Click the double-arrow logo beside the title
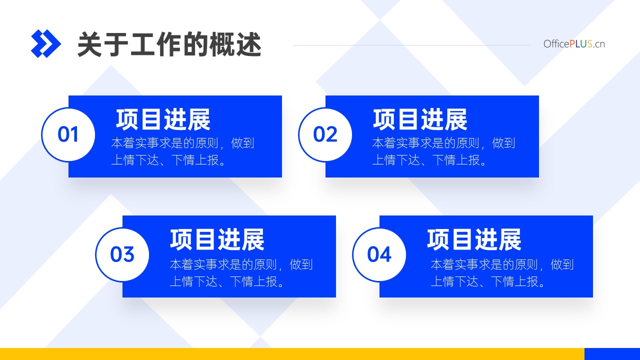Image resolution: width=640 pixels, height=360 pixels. point(45,43)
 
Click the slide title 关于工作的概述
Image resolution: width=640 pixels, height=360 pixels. point(169,44)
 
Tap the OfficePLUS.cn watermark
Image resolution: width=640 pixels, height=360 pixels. point(574,44)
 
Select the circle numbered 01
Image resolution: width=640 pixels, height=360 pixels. point(68,134)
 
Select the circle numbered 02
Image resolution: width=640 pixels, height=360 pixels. point(325,134)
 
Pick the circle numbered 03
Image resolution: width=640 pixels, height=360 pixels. point(122,254)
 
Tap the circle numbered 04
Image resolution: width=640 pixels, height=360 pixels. point(379,254)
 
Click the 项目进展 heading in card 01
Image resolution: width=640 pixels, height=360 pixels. point(163,119)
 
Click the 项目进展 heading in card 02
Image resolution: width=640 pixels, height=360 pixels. point(420,119)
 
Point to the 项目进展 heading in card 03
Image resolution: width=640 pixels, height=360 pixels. point(217,239)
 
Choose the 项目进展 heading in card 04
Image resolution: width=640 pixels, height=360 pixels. point(474,239)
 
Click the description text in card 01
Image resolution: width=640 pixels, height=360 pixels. point(182,151)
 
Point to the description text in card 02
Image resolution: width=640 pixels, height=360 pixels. point(443,151)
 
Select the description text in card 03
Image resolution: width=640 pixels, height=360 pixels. point(241,273)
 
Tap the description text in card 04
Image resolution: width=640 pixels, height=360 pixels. point(502,273)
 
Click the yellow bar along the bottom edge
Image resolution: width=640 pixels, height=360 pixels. point(292,354)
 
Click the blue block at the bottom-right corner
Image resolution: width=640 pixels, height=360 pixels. point(612,354)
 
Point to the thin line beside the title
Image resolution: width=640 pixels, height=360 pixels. point(412,45)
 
